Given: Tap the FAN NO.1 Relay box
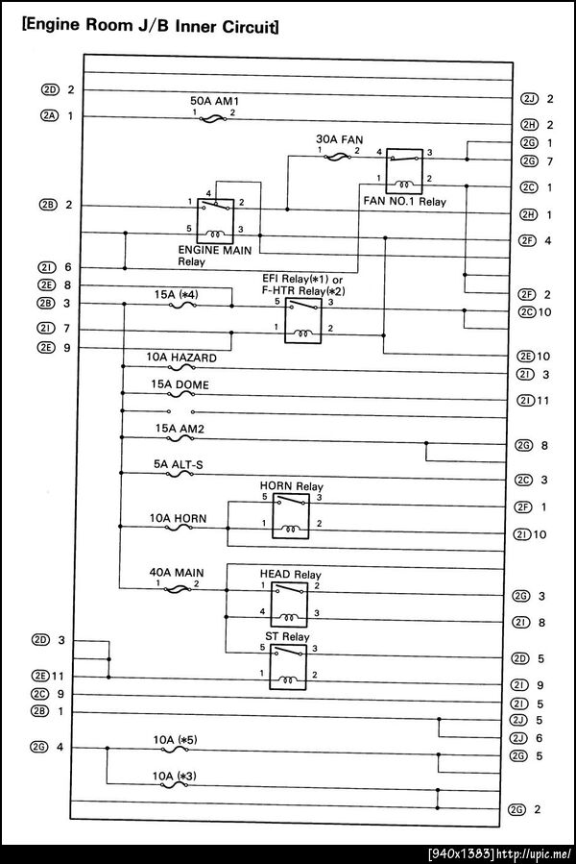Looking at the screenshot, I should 402,169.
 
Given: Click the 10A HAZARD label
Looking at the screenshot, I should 181,358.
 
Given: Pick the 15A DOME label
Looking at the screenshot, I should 180,384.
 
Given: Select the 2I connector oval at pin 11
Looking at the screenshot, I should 524,400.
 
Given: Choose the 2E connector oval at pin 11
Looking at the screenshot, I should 49,676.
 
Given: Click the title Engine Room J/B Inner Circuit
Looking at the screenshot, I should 150,27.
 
